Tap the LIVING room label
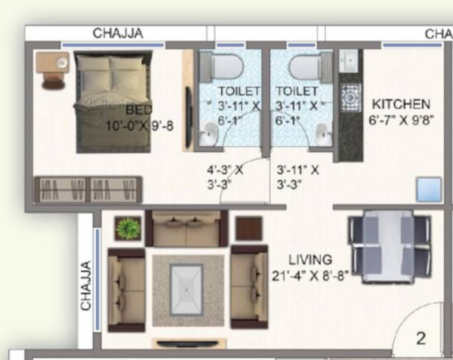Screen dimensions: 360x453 pyautogui.click(x=310, y=260)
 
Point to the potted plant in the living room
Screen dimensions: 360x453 pyautogui.click(x=128, y=227)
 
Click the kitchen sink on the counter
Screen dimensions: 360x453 pyautogui.click(x=350, y=60)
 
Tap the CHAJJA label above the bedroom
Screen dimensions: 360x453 pyautogui.click(x=118, y=33)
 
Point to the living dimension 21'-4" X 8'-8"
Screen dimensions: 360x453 pyautogui.click(x=310, y=275)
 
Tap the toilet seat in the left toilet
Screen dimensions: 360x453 pyautogui.click(x=225, y=68)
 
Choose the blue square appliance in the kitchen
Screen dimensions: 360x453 pyautogui.click(x=428, y=189)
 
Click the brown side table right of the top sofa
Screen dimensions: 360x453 pyautogui.click(x=248, y=228)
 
